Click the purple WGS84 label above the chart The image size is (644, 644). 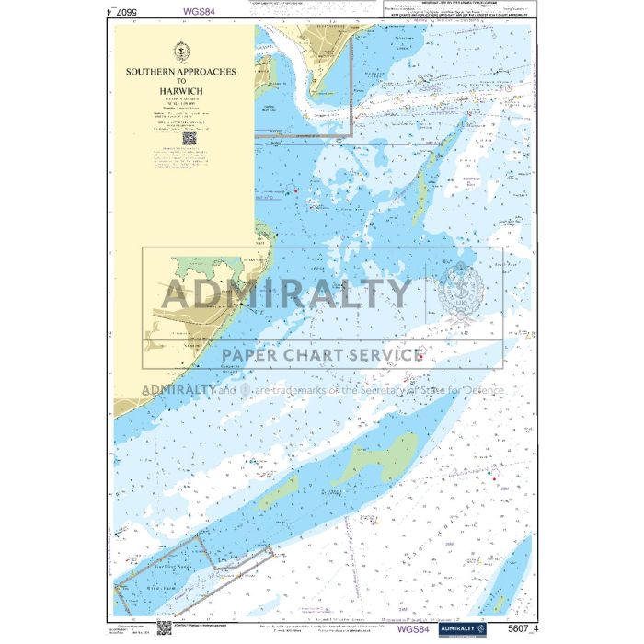click(200, 12)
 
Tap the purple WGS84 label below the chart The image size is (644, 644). click(412, 629)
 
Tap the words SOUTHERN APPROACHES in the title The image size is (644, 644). click(181, 71)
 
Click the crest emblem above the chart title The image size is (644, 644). click(181, 51)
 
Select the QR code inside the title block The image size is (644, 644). click(190, 138)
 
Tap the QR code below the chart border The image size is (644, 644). click(164, 627)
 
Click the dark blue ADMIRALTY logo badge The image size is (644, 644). click(461, 628)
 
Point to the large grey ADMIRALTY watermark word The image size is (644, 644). click(286, 293)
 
